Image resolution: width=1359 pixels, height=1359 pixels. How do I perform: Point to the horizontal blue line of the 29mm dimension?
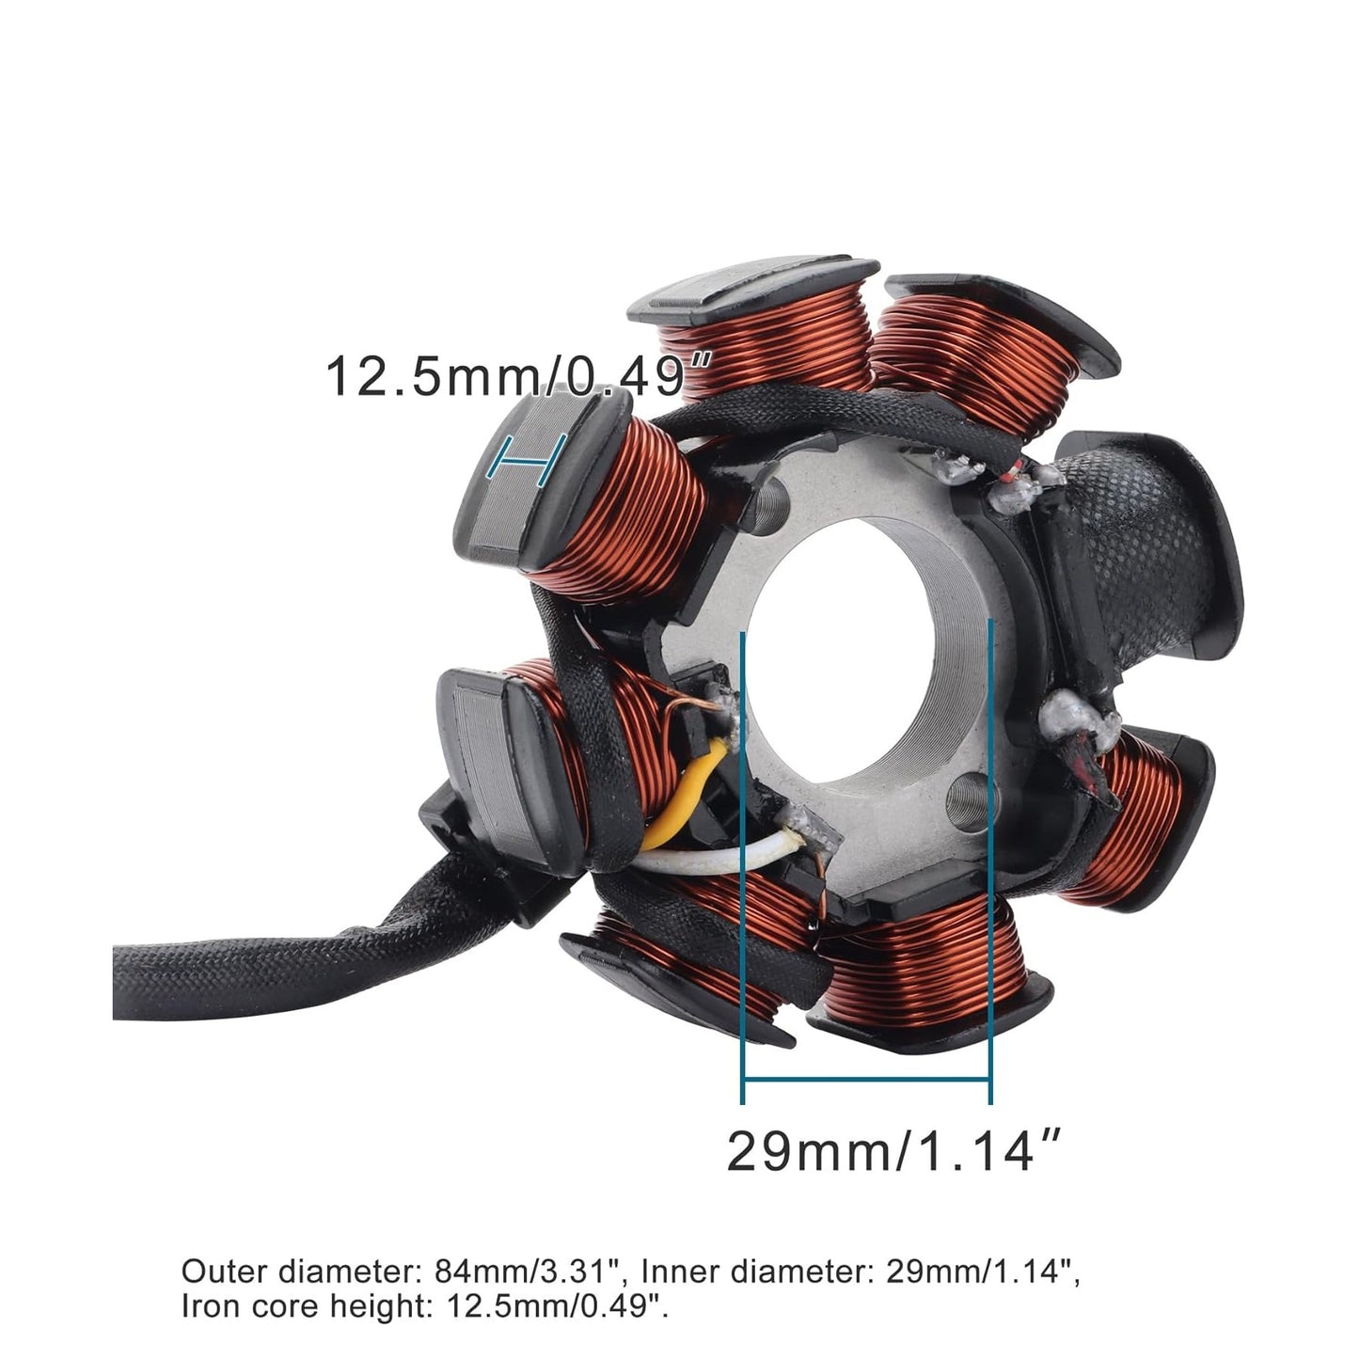[x=865, y=1078]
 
